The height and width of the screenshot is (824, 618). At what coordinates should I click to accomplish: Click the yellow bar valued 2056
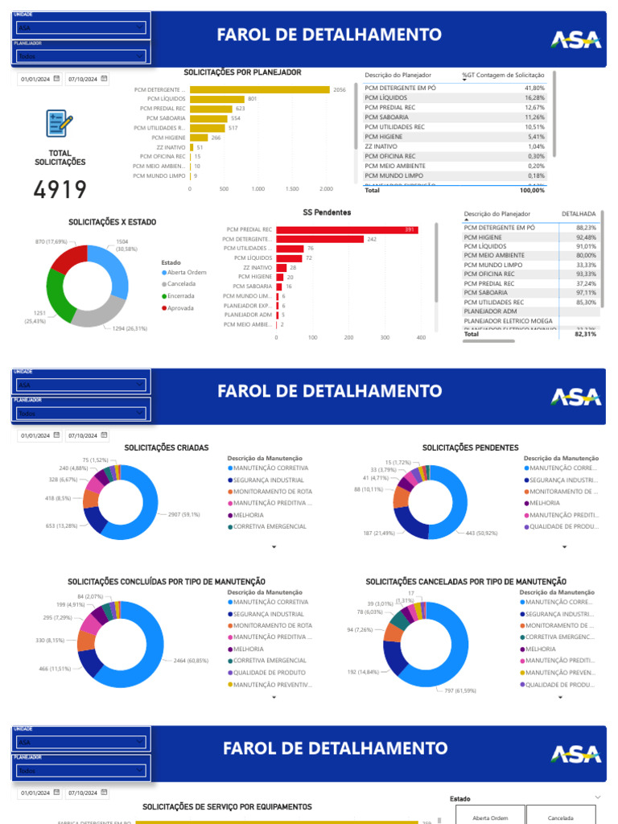tap(259, 89)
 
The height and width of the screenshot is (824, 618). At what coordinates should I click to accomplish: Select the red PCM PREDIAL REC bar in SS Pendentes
tap(346, 229)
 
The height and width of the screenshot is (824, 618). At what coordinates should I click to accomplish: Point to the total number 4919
tap(60, 190)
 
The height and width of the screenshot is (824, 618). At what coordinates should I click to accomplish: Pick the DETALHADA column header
tap(578, 214)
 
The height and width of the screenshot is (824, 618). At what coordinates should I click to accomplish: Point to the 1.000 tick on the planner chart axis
tap(257, 189)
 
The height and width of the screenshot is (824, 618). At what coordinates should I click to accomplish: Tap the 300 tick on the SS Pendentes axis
tap(385, 338)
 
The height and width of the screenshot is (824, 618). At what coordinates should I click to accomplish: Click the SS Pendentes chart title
tap(326, 212)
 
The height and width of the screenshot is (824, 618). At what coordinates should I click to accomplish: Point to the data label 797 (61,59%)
tap(459, 690)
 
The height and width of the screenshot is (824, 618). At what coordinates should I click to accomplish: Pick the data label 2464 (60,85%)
tap(191, 661)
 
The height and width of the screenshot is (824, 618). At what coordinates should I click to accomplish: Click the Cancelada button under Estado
tap(560, 818)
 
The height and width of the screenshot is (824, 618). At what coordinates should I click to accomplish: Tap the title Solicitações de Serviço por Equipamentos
tap(227, 806)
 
